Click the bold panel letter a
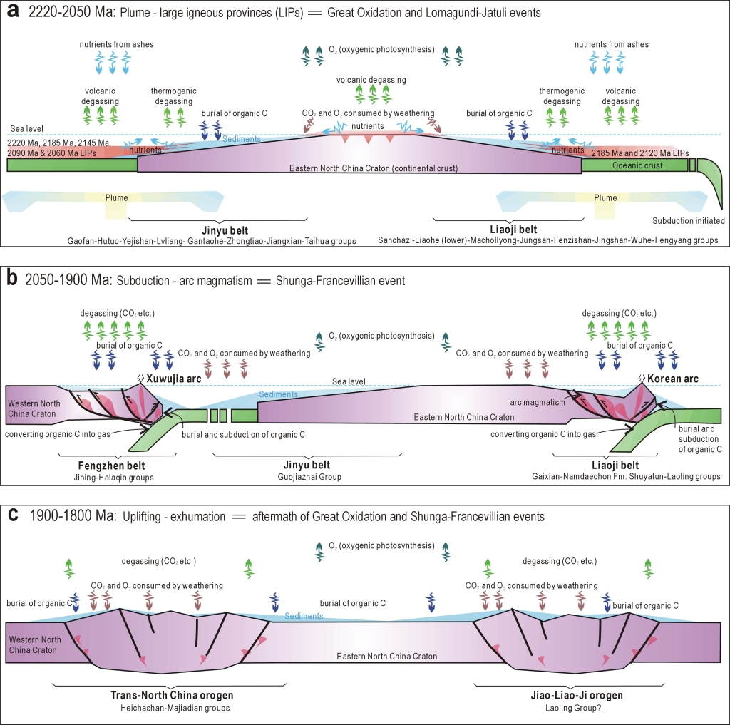coord(12,13)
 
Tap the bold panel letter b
coord(12,280)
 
